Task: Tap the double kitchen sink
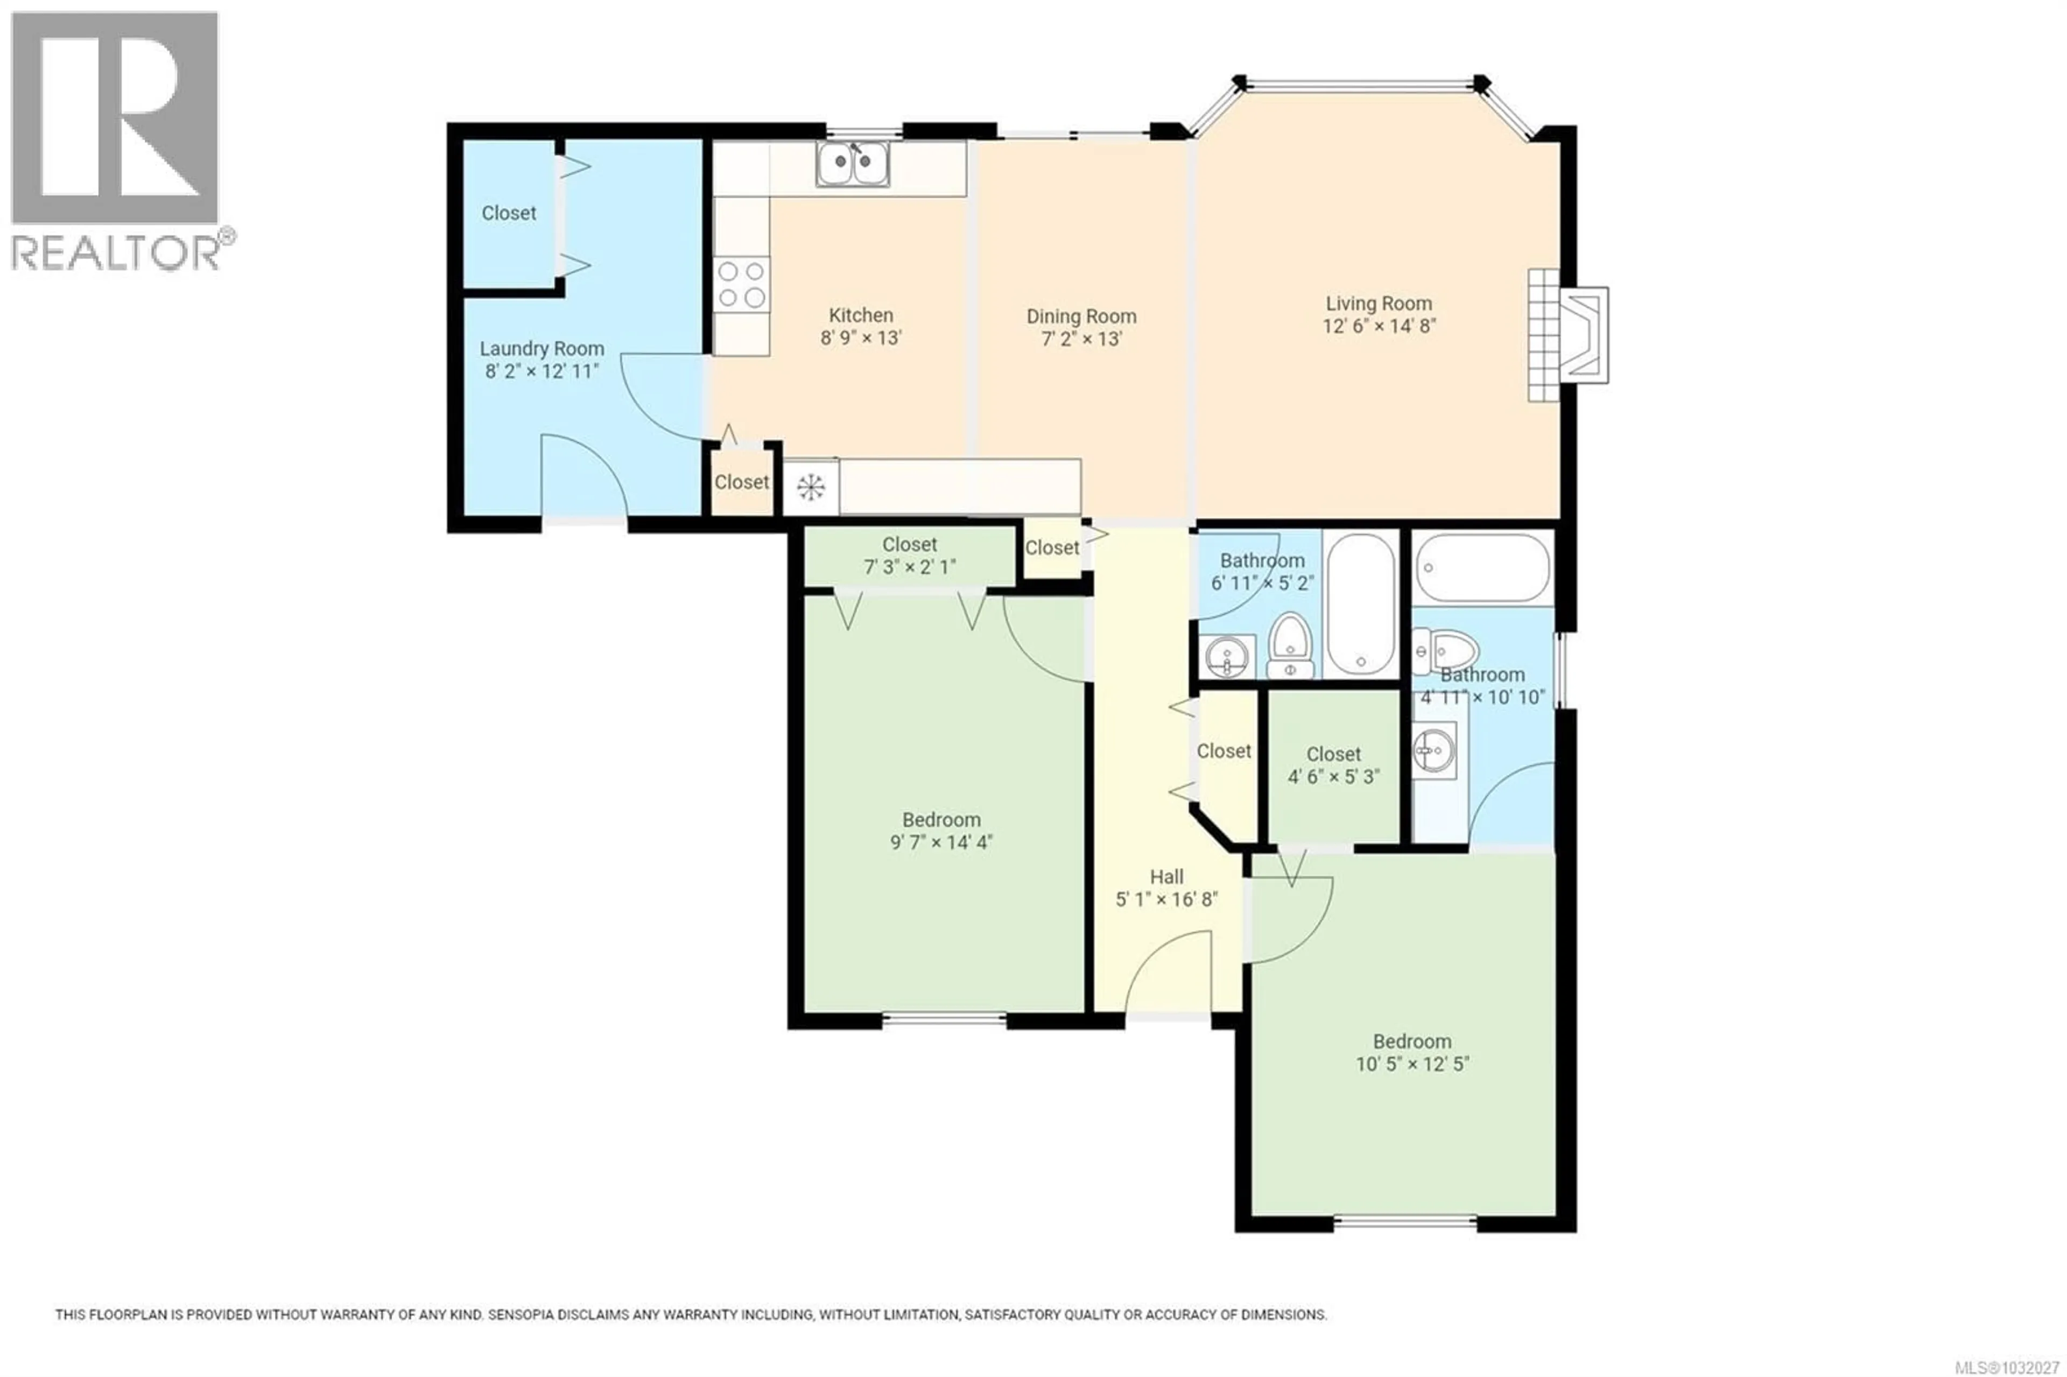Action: coord(852,164)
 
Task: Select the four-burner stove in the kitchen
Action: coord(742,285)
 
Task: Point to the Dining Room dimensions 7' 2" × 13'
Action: coord(1081,339)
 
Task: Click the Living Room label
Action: coord(1377,304)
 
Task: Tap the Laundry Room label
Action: coord(541,349)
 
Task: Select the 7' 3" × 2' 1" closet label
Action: coord(910,567)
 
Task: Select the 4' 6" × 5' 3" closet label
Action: coord(1333,776)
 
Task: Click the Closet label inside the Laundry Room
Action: coord(509,213)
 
